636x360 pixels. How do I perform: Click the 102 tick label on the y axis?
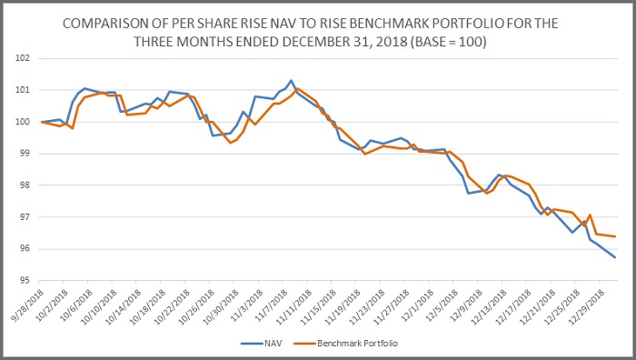tap(23, 58)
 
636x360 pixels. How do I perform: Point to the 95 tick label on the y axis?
tap(24, 280)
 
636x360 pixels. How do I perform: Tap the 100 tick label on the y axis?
tap(23, 122)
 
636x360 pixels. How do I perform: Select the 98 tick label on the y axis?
tap(24, 185)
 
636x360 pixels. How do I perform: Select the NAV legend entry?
tap(262, 344)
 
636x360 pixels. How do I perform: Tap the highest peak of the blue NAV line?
tap(292, 80)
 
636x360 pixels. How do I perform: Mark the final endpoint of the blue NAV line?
tap(615, 257)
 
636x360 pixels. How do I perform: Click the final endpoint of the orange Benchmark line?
tap(615, 236)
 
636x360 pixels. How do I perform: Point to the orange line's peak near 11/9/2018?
tap(297, 88)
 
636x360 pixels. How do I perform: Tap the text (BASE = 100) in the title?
tap(448, 42)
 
